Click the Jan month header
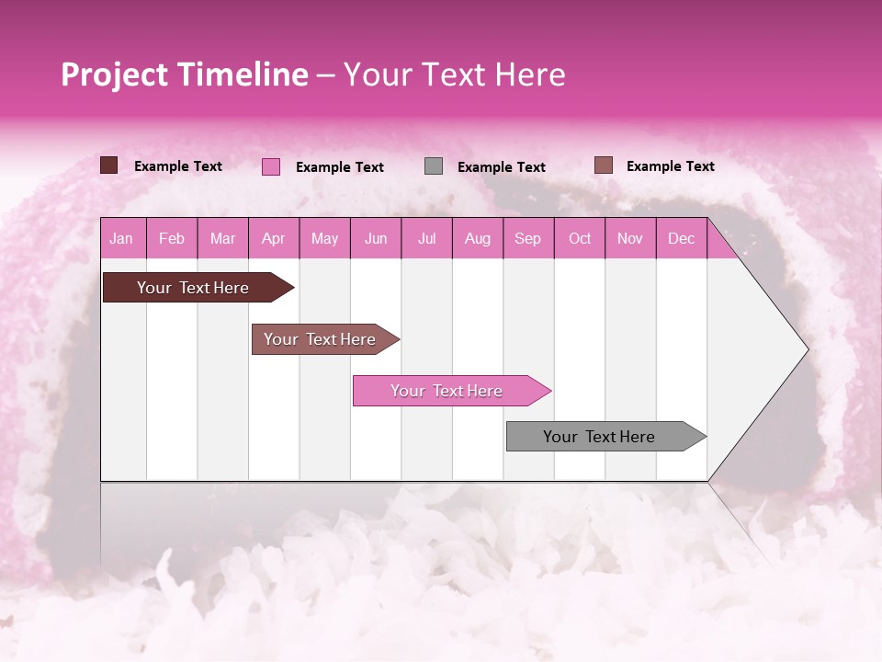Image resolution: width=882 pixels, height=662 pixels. [x=121, y=238]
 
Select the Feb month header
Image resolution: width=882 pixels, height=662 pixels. [x=172, y=238]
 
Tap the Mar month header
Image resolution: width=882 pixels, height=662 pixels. [x=222, y=238]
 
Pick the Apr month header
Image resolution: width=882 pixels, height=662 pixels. [x=274, y=238]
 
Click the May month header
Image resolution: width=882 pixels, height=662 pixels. [x=324, y=238]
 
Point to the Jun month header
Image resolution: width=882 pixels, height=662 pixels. [x=376, y=238]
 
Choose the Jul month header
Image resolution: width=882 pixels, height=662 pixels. [x=426, y=238]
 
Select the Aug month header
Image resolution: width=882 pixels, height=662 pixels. [x=478, y=238]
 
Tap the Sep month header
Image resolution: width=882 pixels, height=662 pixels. [x=528, y=238]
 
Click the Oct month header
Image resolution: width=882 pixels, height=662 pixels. [x=580, y=238]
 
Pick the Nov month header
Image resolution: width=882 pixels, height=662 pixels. [x=630, y=238]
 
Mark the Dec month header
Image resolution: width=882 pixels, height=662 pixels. [x=682, y=238]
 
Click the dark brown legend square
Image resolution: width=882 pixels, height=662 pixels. [x=108, y=165]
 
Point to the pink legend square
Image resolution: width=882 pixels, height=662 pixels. [x=270, y=166]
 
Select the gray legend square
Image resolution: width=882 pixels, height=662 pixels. [x=434, y=166]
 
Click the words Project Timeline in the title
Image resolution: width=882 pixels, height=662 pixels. [x=185, y=74]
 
